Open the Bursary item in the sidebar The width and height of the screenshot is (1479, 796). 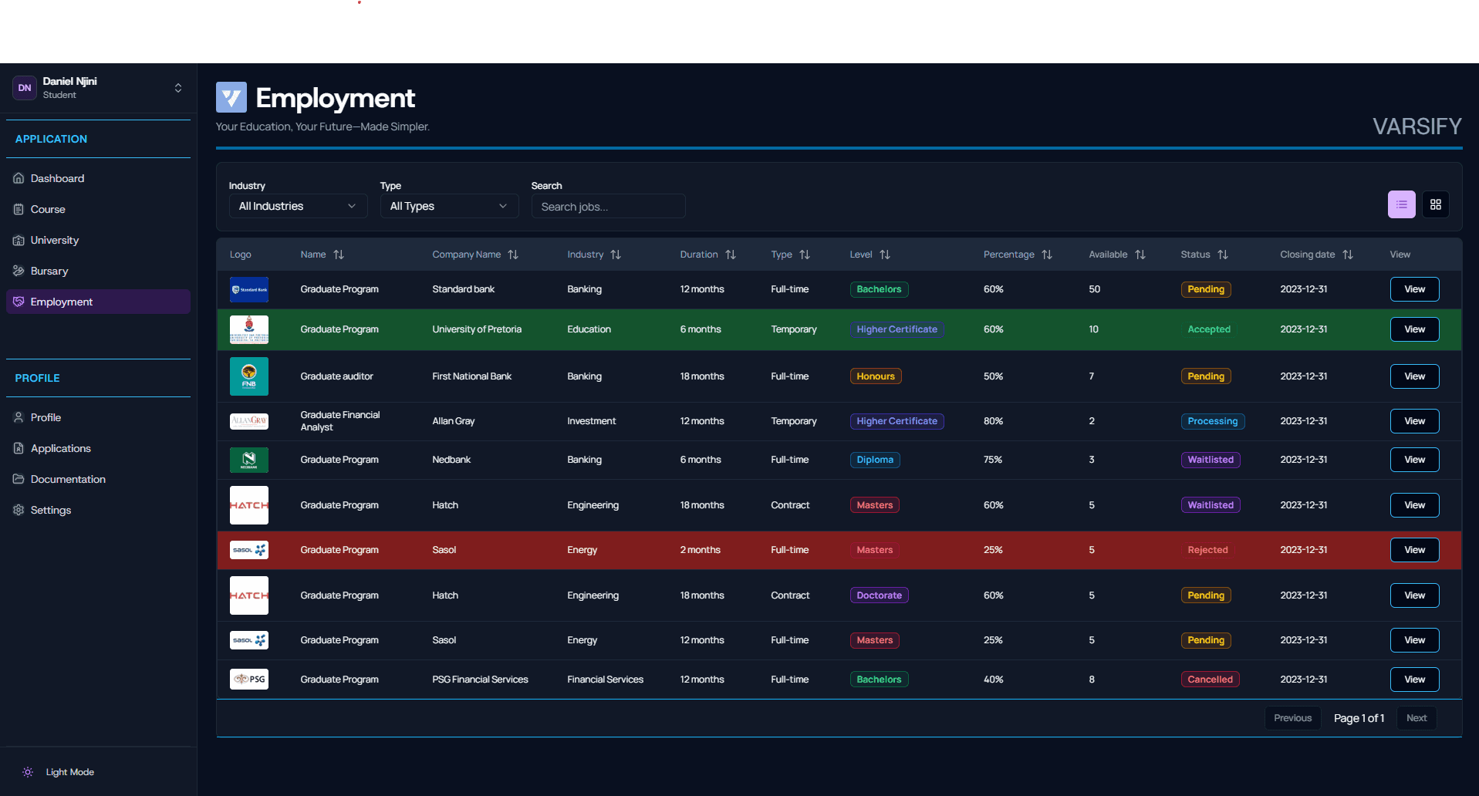49,271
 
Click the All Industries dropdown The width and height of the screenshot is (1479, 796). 297,206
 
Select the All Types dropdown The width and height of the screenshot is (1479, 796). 448,206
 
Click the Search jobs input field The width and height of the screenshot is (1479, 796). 607,207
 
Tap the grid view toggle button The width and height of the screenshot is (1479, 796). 1435,204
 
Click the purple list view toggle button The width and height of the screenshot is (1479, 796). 1401,204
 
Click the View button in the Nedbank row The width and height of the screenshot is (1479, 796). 1413,460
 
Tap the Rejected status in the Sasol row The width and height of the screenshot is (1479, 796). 1207,550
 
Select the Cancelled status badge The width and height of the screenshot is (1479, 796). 1209,680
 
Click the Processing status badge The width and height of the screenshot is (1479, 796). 1211,421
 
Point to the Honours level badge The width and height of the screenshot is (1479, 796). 875,376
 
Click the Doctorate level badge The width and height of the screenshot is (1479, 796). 878,595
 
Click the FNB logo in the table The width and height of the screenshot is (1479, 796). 248,376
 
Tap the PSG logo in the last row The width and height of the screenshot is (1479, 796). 248,680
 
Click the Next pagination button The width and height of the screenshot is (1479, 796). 1416,718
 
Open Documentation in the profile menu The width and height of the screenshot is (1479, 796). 68,479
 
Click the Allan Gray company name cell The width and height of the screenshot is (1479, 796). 453,421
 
